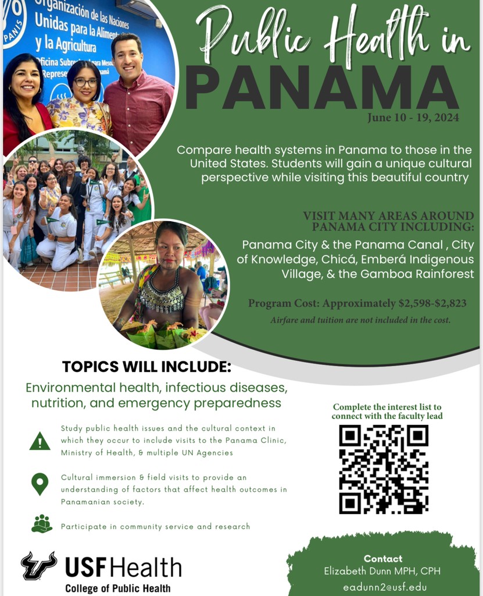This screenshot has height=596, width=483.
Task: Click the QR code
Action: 384,469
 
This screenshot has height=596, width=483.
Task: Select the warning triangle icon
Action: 40,441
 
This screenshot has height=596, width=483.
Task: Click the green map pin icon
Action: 40,484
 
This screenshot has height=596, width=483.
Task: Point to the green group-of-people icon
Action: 41,524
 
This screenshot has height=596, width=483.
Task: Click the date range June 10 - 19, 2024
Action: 413,118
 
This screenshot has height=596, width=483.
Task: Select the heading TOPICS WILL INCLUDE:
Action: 146,368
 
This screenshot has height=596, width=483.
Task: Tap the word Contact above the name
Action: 383,559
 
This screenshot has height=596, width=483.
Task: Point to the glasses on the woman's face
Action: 85,82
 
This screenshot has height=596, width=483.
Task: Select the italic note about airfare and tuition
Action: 360,320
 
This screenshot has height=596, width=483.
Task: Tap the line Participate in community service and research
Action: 155,526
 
